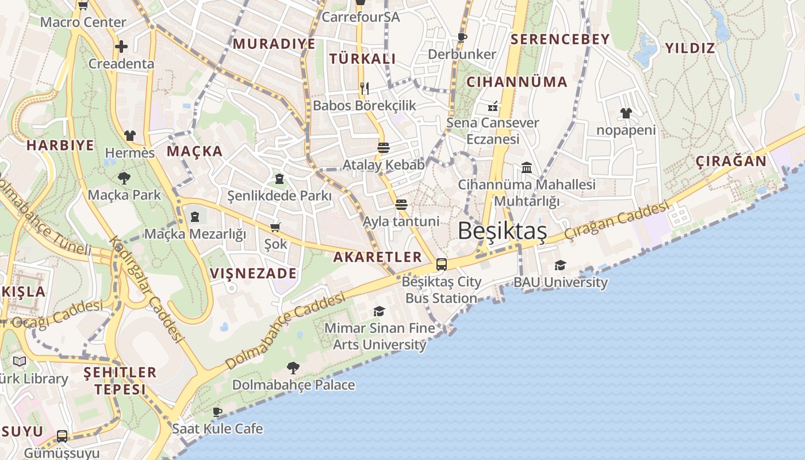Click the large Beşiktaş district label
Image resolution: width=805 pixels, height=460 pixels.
click(x=502, y=231)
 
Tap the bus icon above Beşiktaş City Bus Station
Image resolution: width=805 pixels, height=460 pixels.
click(x=441, y=264)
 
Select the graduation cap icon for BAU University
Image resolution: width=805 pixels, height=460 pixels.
click(x=560, y=265)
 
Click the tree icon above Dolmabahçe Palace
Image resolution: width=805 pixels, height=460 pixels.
click(x=293, y=367)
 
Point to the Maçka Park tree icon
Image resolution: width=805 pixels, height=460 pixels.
click(x=124, y=178)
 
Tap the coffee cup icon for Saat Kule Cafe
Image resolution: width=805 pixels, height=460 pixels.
click(x=217, y=412)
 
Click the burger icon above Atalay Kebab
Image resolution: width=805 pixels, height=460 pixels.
click(x=384, y=148)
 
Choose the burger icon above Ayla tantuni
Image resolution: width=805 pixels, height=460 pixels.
click(x=401, y=205)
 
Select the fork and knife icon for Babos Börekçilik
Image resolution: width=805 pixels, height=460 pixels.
click(x=364, y=88)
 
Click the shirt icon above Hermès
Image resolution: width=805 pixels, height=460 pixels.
click(x=130, y=136)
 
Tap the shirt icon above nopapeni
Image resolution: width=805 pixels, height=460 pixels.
click(x=626, y=113)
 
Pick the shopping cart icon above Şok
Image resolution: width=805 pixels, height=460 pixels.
click(x=275, y=227)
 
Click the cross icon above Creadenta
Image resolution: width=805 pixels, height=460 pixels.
click(x=121, y=47)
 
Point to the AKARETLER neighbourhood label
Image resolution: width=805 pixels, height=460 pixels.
click(x=378, y=257)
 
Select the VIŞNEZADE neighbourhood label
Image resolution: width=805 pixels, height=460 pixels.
click(x=254, y=273)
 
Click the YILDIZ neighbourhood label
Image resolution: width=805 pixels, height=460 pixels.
click(x=690, y=48)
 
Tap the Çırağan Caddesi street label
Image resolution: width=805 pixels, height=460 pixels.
click(x=616, y=220)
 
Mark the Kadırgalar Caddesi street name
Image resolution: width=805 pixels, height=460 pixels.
click(x=146, y=290)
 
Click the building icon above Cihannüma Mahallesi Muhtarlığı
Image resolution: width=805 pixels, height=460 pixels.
click(x=527, y=167)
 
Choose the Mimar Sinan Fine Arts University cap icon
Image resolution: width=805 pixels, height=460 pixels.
click(x=379, y=311)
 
